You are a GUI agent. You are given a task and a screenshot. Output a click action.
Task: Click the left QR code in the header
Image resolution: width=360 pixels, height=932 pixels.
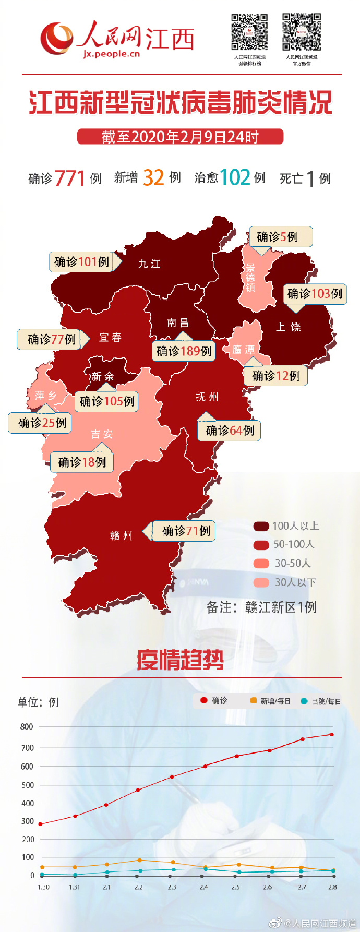pos(249,32)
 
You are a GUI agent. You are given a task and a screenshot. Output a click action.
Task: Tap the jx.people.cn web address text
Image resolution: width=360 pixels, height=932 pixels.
pos(111,54)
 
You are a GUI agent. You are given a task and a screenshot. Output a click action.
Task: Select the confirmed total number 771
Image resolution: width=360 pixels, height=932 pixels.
pos(69,178)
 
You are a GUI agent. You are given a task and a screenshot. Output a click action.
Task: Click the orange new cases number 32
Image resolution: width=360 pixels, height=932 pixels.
pos(153,177)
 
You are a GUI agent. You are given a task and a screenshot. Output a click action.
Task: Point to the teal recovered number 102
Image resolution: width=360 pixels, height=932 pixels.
pos(235,177)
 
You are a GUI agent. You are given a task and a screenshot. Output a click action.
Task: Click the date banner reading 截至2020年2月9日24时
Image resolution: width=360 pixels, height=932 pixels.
pos(180,137)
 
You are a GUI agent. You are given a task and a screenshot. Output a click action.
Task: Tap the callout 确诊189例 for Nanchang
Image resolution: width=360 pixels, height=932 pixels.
pos(184,351)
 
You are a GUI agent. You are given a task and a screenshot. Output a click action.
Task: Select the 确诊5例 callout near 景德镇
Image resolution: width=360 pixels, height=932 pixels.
pos(280,236)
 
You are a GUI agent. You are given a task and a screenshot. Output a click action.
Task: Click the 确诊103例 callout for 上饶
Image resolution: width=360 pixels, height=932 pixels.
pos(315,294)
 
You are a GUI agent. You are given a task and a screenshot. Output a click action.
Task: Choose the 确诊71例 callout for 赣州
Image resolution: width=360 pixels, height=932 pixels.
pos(185,531)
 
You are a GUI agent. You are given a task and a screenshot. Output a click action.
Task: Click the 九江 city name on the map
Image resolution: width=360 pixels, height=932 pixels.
pos(149,264)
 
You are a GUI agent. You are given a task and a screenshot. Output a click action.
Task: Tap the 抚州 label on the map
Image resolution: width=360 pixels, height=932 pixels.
pos(207,397)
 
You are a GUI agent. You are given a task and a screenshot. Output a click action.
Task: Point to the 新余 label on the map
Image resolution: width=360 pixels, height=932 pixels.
pos(102,376)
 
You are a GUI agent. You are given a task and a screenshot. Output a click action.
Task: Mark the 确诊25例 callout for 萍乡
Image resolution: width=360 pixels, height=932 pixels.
pos(42,423)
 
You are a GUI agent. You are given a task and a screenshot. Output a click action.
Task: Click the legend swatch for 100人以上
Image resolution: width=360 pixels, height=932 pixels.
pos(261,526)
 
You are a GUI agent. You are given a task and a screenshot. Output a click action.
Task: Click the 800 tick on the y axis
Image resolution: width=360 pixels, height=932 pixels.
pos(27,726)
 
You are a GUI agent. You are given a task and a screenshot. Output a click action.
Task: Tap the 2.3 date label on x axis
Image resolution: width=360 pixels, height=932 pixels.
pos(172,887)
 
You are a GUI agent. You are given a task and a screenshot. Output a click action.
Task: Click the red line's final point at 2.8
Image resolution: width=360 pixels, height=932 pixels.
pos(332,735)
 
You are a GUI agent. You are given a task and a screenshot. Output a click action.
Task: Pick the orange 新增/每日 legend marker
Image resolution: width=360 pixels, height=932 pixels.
pos(254,701)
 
